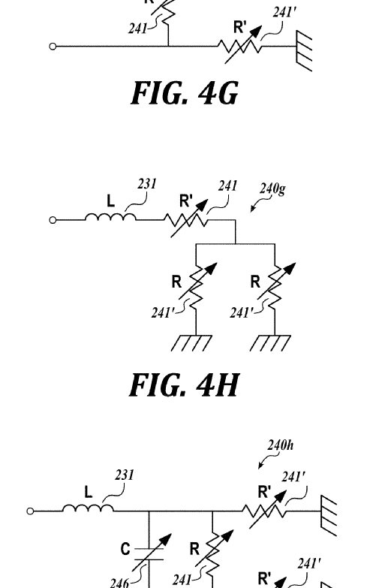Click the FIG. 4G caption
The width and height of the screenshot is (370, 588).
185,93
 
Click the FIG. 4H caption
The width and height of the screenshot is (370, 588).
184,385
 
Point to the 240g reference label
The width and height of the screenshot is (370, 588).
272,188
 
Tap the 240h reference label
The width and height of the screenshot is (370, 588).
281,445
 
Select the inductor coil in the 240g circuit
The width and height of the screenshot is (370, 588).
110,217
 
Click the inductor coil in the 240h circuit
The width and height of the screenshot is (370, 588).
88,508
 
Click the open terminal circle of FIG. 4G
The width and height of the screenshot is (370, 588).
53,47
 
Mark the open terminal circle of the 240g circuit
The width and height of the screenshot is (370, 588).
53,220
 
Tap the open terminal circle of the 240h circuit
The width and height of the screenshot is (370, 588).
30,511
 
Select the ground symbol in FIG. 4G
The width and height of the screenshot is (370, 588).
304,50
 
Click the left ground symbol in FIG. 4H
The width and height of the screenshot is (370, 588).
191,343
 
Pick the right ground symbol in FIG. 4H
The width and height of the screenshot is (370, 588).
270,343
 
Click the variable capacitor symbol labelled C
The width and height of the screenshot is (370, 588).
150,553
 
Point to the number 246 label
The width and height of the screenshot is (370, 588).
119,583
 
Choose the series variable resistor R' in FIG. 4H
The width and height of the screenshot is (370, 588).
188,219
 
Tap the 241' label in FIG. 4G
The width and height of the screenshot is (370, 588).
284,12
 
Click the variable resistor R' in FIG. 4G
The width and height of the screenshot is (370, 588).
241,46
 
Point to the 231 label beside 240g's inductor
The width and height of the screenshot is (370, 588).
147,184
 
